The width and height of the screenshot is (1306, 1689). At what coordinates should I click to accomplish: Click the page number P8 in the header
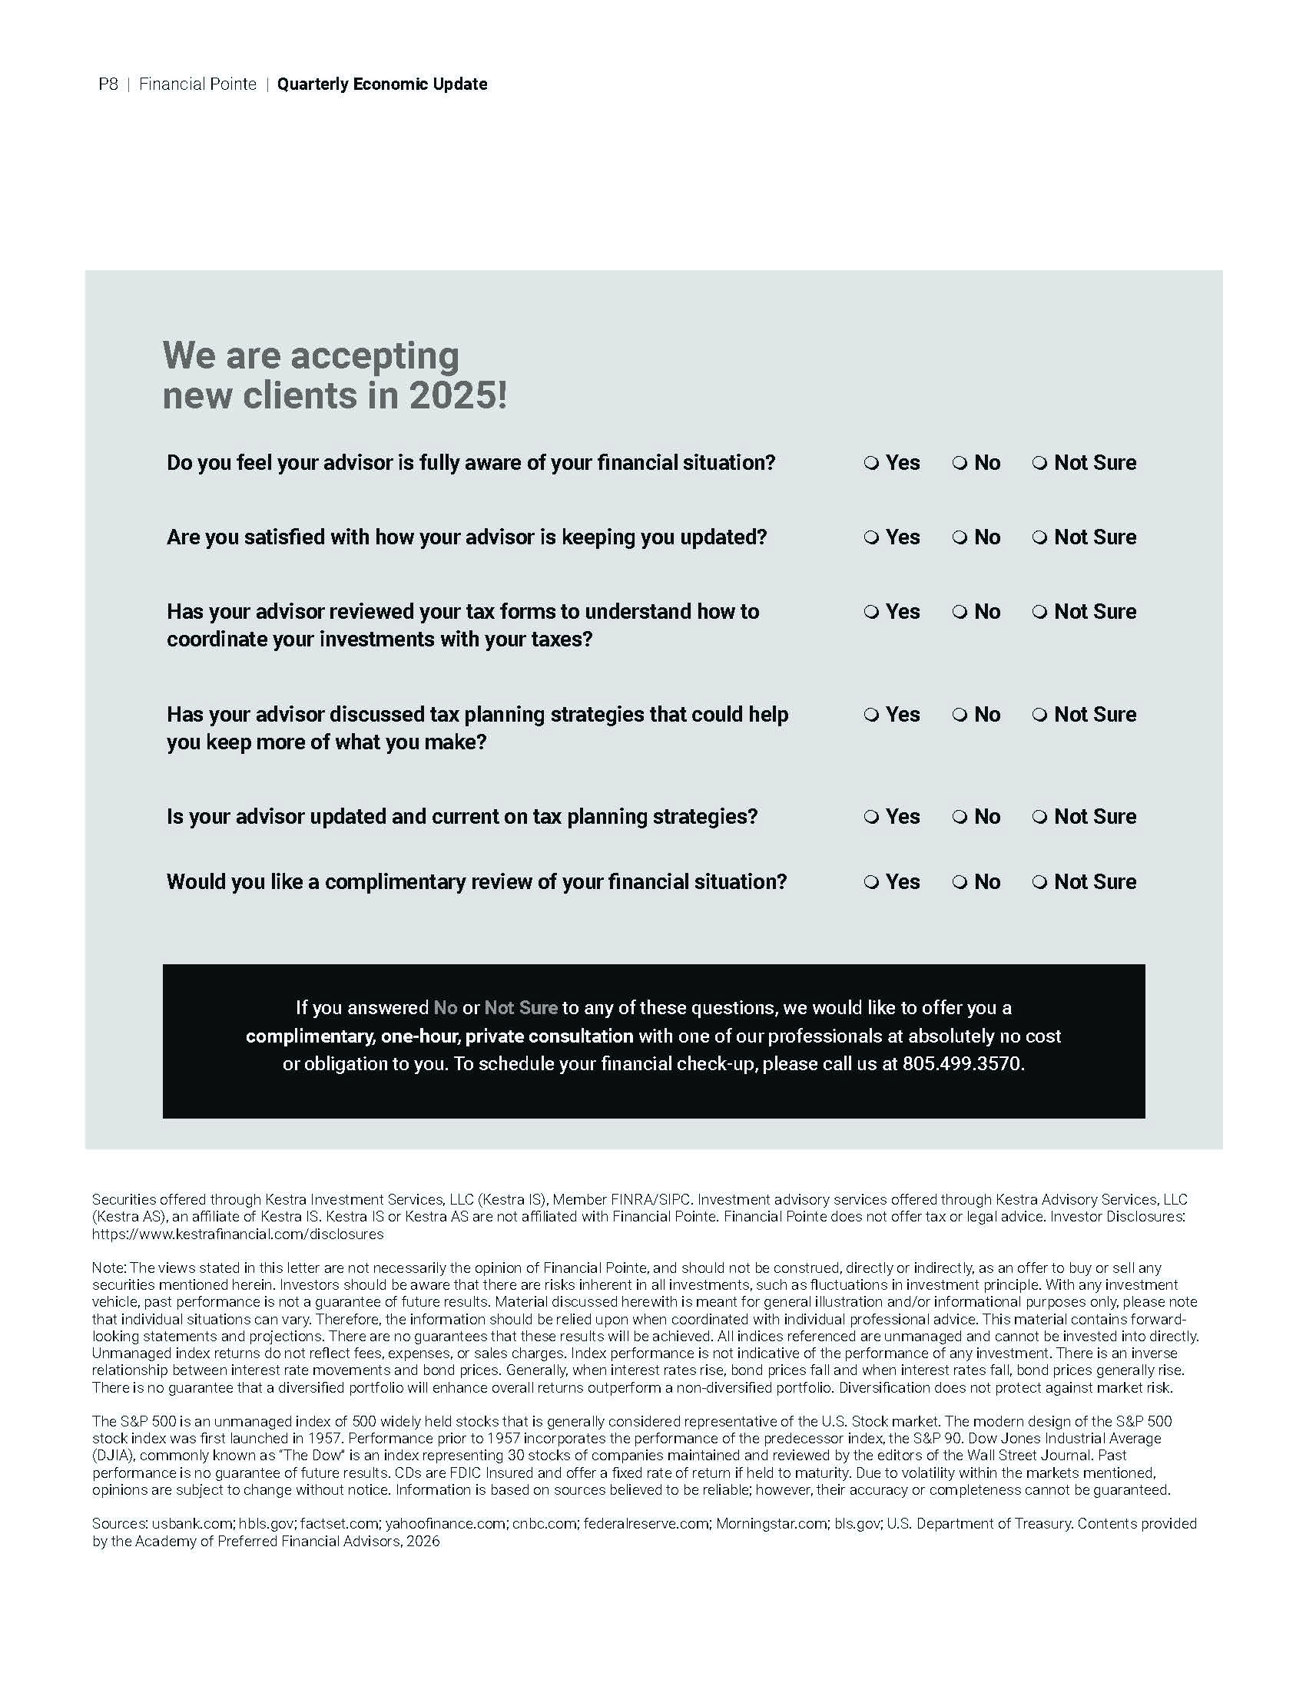[108, 84]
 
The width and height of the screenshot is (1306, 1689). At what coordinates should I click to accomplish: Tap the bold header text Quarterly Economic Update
[383, 84]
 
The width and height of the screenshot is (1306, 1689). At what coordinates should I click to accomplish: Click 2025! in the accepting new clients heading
[458, 396]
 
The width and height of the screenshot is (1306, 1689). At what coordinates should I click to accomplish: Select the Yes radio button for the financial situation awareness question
[871, 464]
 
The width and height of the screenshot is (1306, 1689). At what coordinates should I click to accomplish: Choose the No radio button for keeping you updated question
[960, 538]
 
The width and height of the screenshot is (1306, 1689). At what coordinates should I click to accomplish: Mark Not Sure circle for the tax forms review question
[1040, 613]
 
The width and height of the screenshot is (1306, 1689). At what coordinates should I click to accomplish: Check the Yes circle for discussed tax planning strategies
[871, 716]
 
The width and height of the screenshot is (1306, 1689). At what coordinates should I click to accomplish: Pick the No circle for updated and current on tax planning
[960, 818]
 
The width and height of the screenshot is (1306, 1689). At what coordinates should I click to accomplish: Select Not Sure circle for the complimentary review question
[1040, 883]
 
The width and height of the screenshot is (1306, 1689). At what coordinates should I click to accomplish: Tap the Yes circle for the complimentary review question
[871, 883]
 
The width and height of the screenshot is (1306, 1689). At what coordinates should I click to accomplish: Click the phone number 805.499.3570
[962, 1064]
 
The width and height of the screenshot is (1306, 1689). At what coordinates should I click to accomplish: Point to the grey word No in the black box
[445, 1009]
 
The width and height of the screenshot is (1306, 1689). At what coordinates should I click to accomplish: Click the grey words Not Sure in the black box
[521, 1009]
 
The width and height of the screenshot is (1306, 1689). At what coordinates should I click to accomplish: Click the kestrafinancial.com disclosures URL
[237, 1235]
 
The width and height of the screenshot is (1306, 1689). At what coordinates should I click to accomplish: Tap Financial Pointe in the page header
[197, 84]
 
